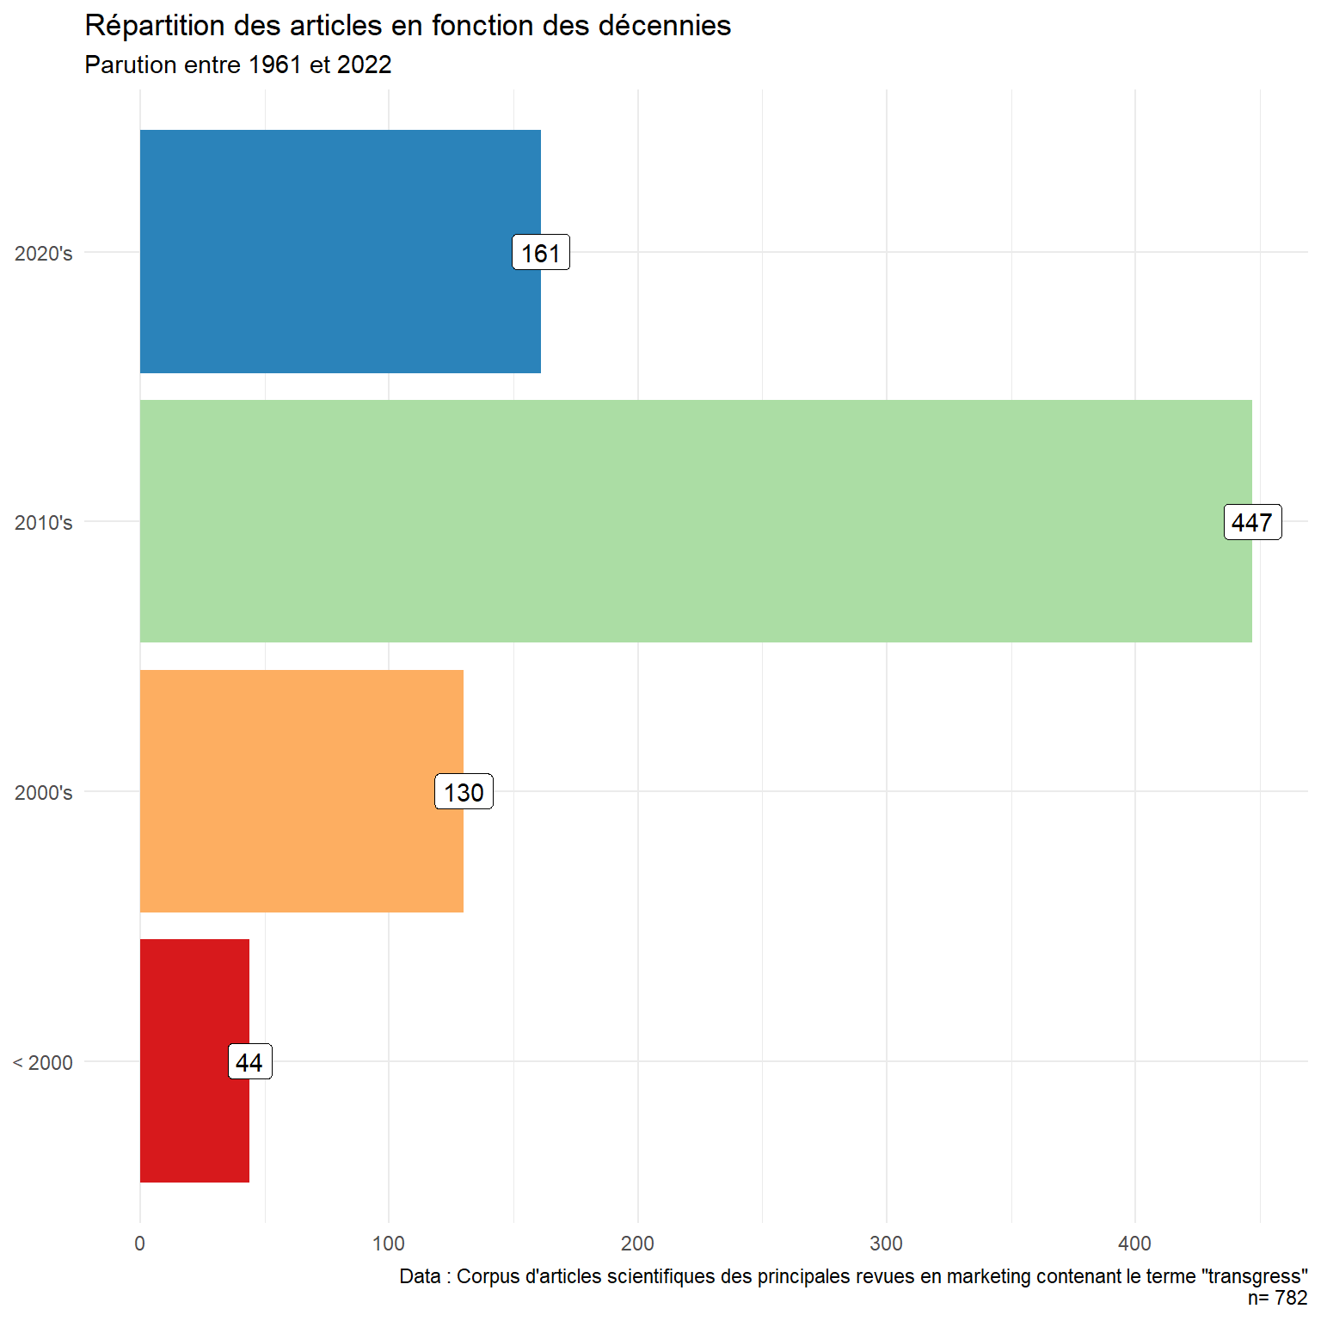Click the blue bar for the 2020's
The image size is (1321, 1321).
coord(327,251)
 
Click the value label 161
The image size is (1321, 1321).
coord(541,253)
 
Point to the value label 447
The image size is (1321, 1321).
coord(1252,522)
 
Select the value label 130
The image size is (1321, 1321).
coord(464,792)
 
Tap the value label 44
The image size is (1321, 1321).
coord(249,1062)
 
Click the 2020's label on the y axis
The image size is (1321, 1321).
coord(44,254)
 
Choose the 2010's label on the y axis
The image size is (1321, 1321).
coord(44,523)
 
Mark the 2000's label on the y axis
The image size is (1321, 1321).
coord(44,793)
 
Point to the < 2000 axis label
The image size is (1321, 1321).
coord(43,1063)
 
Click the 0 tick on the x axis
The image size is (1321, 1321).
coord(140,1244)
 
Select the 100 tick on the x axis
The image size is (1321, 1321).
coord(389,1244)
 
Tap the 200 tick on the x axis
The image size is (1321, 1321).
coord(638,1244)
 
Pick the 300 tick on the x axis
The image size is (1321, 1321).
coord(887,1244)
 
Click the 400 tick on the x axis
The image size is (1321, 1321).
coord(1135,1244)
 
